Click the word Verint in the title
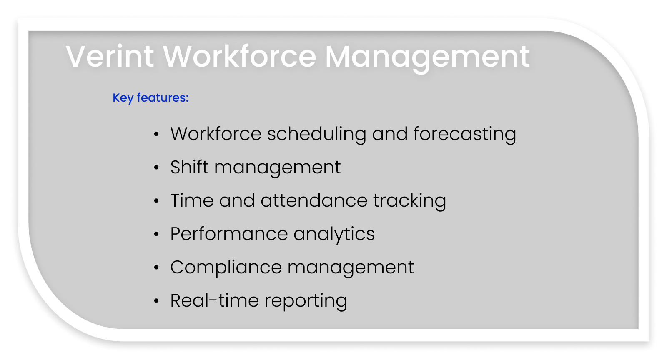(x=110, y=56)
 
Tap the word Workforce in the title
(x=240, y=56)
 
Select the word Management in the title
(x=427, y=57)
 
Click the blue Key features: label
(x=150, y=98)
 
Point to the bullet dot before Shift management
(x=156, y=168)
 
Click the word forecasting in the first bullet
(x=464, y=134)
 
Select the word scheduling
(x=316, y=134)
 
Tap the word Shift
(x=189, y=167)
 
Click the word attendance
(x=314, y=200)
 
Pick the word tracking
(x=409, y=201)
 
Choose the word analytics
(x=334, y=234)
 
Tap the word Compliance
(x=226, y=267)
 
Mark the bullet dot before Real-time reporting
(x=156, y=301)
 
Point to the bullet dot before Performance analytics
(x=156, y=235)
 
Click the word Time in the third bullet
(x=192, y=200)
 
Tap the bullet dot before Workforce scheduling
(x=156, y=135)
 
